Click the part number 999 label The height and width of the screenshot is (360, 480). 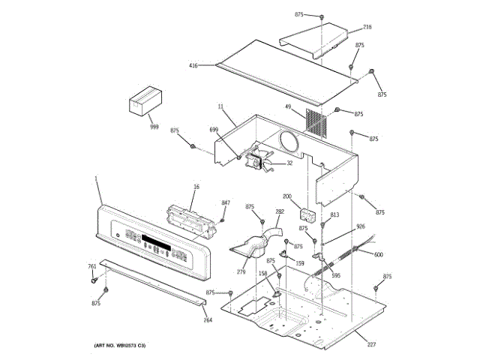tap(154, 127)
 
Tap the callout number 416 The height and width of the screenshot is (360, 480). tap(193, 66)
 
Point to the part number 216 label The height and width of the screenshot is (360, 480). tap(367, 27)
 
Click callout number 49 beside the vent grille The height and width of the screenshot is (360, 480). tap(287, 106)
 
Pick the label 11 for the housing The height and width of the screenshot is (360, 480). tap(221, 107)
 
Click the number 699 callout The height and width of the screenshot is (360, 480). tap(214, 130)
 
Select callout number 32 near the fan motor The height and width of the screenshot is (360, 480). tap(289, 163)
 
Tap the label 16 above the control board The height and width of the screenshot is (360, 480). tap(196, 186)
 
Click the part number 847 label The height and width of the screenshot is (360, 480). tap(226, 203)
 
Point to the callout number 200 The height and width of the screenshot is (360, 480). tap(286, 196)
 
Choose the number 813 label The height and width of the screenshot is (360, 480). tap(334, 215)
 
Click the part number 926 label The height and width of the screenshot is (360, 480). tap(361, 226)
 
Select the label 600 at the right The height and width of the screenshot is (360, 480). tap(378, 255)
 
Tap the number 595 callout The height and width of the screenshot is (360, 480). tap(336, 275)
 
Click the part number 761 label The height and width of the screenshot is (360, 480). tap(92, 266)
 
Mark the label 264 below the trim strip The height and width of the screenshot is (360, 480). tap(208, 320)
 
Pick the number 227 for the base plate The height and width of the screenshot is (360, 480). tap(370, 344)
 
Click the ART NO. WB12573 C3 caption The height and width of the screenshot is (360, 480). tap(120, 345)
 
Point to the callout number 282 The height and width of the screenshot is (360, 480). tap(280, 212)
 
